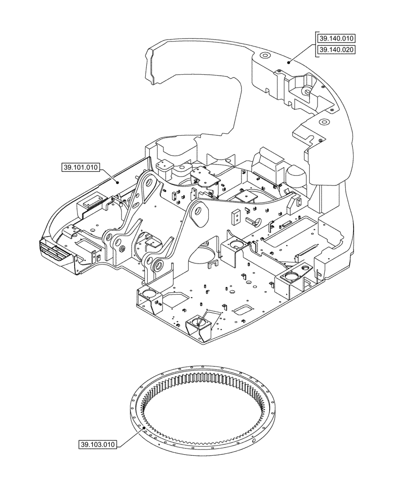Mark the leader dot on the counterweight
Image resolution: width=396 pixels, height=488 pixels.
pos(289,61)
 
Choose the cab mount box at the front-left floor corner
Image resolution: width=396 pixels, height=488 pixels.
pos(149,297)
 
